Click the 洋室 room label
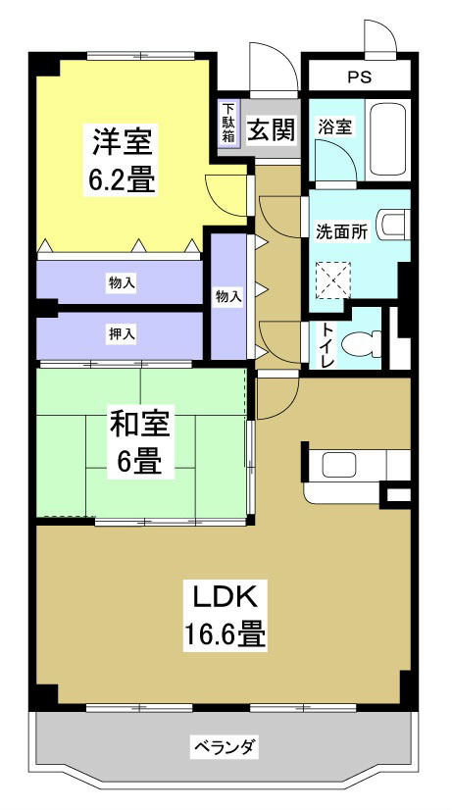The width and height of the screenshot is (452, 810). pyautogui.click(x=123, y=142)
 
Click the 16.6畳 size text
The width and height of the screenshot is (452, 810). pyautogui.click(x=224, y=634)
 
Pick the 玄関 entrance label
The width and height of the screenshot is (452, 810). pyautogui.click(x=271, y=129)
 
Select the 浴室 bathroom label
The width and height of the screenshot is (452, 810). pyautogui.click(x=334, y=127)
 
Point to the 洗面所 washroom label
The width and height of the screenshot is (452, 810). pyautogui.click(x=341, y=232)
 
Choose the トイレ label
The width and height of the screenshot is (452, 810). pyautogui.click(x=326, y=346)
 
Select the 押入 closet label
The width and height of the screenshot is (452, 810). pyautogui.click(x=122, y=334)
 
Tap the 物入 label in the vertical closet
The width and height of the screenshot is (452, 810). pyautogui.click(x=227, y=295)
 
